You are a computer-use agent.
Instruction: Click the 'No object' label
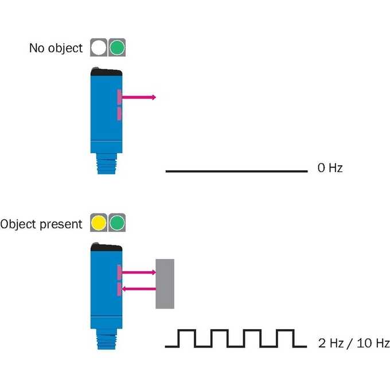point(56,48)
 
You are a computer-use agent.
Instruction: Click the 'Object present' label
point(41,224)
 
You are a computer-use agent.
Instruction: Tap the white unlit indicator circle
point(99,48)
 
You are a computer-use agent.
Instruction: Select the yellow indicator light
point(99,223)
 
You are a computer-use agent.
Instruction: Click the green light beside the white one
point(117,48)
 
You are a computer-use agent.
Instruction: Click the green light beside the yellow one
point(117,223)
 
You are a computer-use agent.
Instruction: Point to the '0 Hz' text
point(330,168)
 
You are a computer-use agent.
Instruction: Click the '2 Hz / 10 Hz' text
point(354,343)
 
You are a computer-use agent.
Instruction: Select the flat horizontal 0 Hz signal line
point(236,171)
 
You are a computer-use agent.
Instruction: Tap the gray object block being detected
point(165,284)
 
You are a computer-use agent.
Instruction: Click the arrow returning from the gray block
point(139,288)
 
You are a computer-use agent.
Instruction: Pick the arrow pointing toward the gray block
point(139,272)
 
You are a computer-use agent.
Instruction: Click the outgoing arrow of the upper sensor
point(139,97)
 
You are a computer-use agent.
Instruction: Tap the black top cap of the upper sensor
point(106,72)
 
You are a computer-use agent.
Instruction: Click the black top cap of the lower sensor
point(106,247)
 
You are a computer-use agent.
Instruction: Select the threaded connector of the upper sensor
point(107,163)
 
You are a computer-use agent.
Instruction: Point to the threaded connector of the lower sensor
point(107,339)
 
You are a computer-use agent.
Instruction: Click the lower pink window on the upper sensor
point(119,114)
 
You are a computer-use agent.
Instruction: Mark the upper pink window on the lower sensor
point(119,272)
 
